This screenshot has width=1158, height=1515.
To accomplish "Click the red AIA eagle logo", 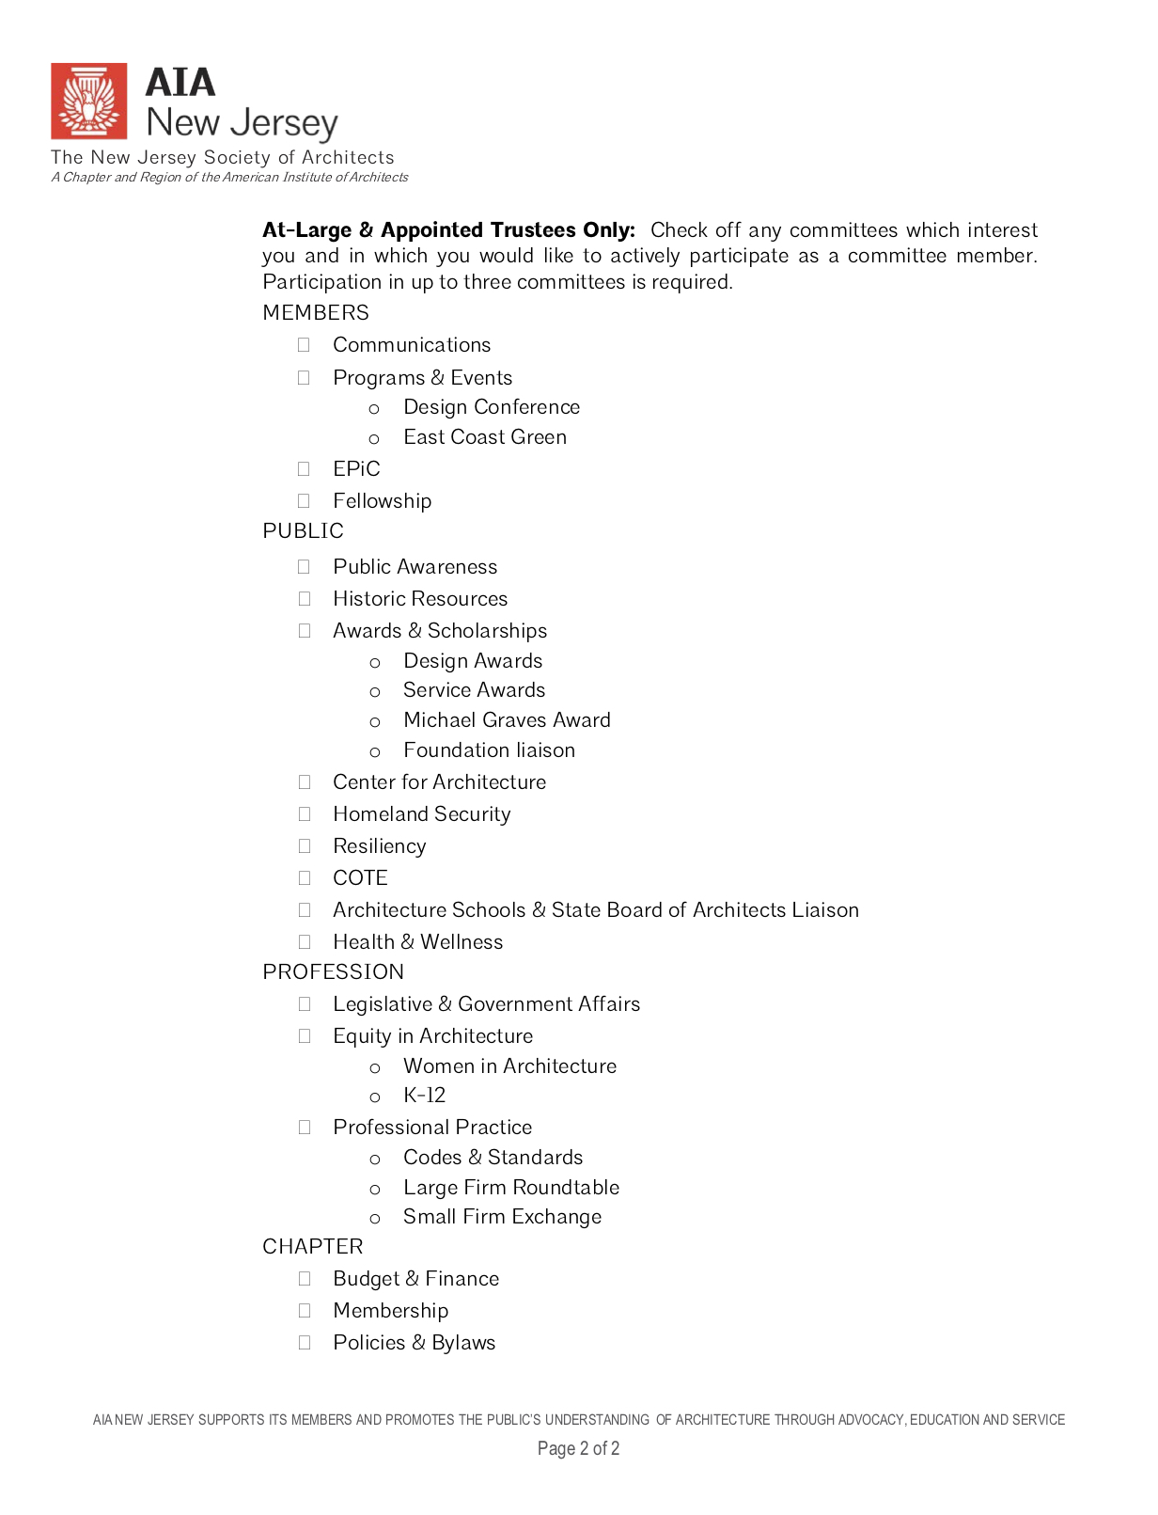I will [89, 101].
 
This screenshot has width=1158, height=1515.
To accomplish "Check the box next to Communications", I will [304, 345].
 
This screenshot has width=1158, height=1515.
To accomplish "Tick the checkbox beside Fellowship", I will [304, 501].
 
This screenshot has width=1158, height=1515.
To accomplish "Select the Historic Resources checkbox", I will [304, 599].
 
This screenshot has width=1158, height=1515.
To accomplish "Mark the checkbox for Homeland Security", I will [304, 814].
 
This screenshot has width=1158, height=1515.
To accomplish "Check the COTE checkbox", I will [304, 878].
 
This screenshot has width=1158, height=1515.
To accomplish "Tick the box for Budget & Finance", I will [304, 1279].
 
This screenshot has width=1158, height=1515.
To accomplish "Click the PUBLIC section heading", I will [303, 531].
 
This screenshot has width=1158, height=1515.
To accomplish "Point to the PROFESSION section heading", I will [333, 972].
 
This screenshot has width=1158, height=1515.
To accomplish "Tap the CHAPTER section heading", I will [312, 1247].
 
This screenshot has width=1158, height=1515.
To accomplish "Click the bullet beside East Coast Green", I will [374, 439].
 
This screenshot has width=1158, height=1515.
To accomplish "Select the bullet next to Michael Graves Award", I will [375, 722].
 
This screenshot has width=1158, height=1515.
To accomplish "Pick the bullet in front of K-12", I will [375, 1097].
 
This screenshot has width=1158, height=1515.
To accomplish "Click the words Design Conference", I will [492, 407].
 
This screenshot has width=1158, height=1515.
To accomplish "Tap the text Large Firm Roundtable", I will [511, 1188].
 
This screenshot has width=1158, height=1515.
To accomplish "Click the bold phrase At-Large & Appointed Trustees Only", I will [448, 230].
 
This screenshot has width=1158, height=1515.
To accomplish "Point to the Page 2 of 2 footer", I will [578, 1448].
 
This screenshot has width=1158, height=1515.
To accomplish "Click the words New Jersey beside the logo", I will [242, 123].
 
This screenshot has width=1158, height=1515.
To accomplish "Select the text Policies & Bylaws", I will [414, 1343].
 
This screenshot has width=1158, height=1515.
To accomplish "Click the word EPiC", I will [356, 469].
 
